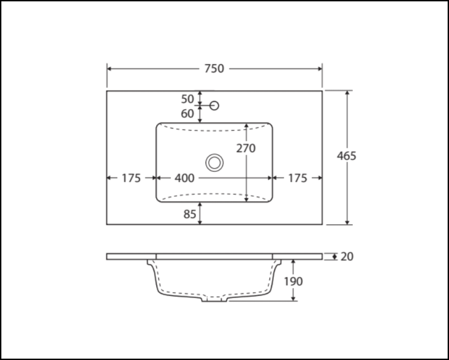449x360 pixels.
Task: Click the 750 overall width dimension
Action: point(214,69)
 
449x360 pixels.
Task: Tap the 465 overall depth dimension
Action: point(347,156)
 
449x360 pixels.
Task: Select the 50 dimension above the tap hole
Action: point(188,99)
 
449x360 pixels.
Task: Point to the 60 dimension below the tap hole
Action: point(188,114)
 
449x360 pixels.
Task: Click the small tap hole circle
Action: point(215,105)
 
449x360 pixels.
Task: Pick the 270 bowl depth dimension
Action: point(246,148)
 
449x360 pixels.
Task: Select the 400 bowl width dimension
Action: point(185,178)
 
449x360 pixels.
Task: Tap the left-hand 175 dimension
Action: point(132,178)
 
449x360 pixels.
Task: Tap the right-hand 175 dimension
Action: point(297,178)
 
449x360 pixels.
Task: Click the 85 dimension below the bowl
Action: point(190,214)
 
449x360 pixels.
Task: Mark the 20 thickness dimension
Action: point(347,257)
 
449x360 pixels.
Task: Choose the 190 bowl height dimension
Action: point(293,281)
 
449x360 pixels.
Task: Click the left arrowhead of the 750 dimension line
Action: point(109,69)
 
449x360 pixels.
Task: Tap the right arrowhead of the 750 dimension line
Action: point(320,69)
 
